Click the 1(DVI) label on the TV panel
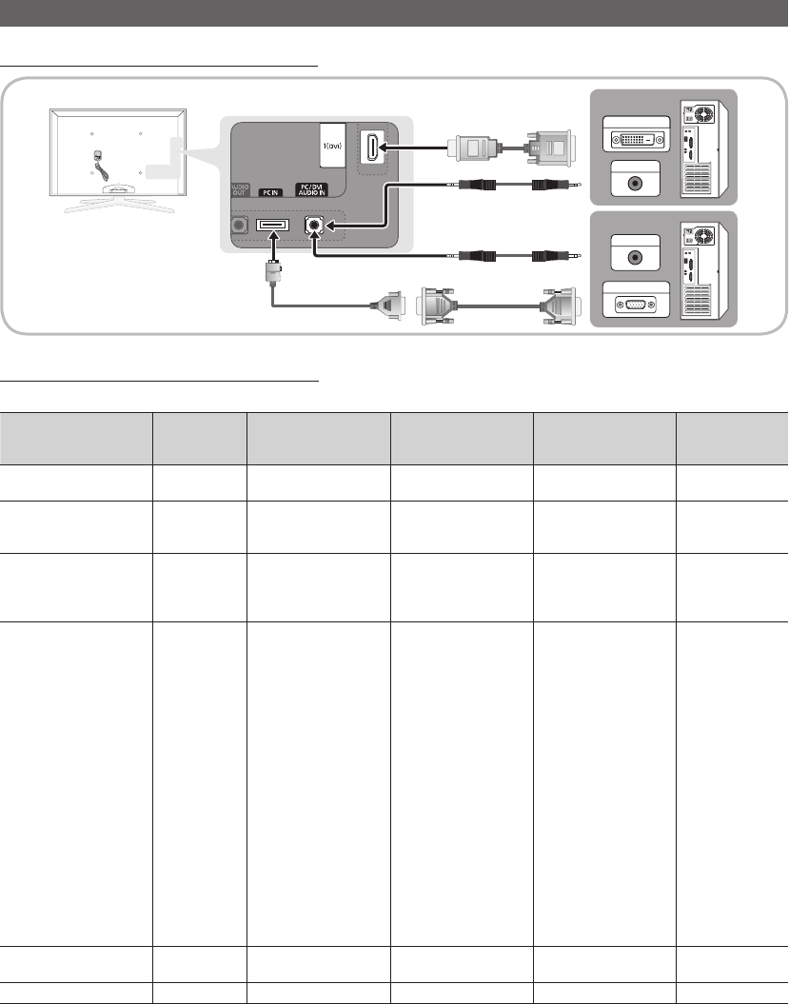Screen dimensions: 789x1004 click(332, 146)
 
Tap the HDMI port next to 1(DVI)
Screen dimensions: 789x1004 click(372, 148)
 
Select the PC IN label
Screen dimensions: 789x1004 click(270, 192)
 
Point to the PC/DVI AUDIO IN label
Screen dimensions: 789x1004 click(312, 189)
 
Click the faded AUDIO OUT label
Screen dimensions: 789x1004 click(239, 190)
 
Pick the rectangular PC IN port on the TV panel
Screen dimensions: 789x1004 click(273, 225)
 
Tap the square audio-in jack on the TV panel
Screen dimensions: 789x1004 click(314, 225)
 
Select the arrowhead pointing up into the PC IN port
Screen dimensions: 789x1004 click(273, 236)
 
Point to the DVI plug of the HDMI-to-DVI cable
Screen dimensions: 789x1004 click(549, 148)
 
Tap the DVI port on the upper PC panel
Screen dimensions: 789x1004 click(637, 138)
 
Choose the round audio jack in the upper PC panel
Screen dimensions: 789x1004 click(635, 183)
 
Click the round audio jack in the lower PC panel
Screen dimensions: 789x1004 click(635, 257)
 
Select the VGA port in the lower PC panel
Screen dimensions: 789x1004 click(636, 305)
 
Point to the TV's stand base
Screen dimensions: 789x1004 click(119, 201)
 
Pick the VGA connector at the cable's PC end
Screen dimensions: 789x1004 click(560, 306)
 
